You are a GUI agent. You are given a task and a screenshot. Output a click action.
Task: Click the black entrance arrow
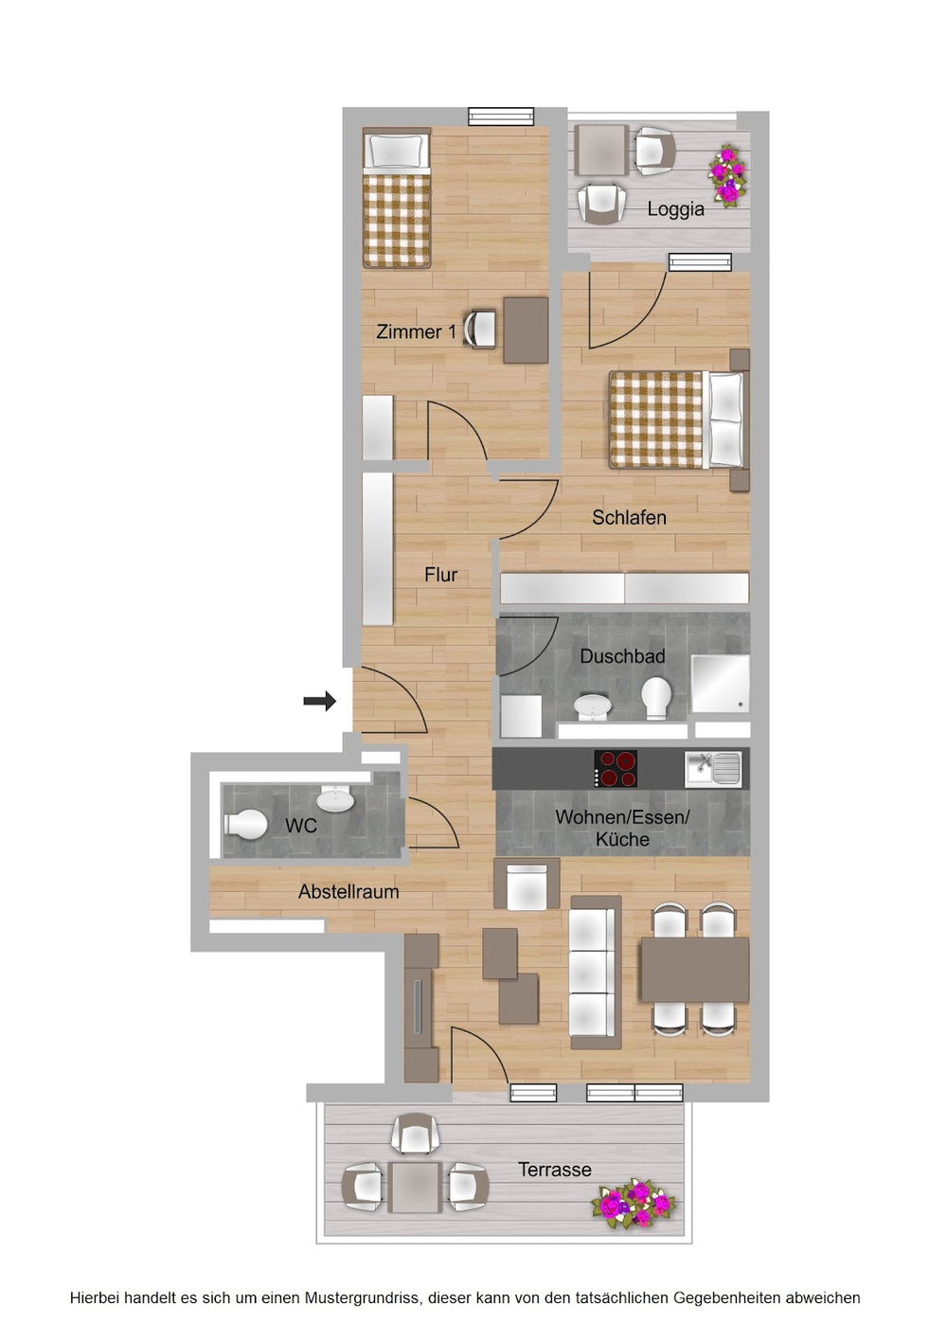point(319,701)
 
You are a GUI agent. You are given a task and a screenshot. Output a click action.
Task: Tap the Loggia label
point(675,209)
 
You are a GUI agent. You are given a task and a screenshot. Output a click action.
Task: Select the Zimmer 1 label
point(417,331)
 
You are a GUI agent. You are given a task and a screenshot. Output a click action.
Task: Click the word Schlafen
point(630,517)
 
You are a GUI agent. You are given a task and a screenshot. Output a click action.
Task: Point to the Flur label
point(441,575)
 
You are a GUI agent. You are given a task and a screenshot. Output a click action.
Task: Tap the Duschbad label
point(622,656)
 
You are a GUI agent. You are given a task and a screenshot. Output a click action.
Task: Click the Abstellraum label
point(348,892)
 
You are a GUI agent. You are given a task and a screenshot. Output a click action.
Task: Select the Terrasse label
point(555,1170)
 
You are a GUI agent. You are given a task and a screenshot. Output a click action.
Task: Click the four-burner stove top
point(616,769)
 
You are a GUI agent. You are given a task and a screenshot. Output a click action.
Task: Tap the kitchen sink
point(713,769)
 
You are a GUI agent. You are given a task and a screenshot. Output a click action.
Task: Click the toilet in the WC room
point(245,825)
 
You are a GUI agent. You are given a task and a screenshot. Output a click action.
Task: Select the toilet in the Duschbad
point(656,698)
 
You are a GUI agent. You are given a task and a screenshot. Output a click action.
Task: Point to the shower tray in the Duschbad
point(721,683)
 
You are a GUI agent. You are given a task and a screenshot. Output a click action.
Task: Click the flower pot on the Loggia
point(727,176)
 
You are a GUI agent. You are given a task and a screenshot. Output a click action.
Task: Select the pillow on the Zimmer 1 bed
point(397,152)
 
